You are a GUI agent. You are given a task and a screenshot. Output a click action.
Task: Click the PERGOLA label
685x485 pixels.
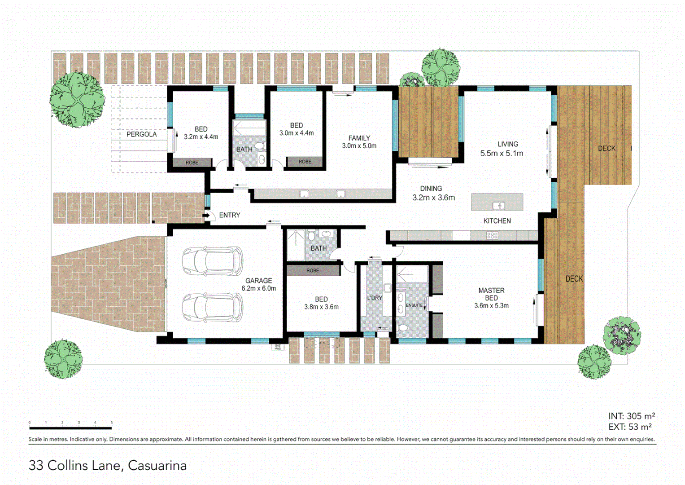141,134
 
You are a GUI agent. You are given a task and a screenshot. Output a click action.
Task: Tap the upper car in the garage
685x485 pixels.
212,260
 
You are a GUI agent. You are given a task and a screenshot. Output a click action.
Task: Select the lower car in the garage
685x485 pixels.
212,308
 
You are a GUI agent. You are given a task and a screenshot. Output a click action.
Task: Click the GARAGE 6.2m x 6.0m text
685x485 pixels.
258,285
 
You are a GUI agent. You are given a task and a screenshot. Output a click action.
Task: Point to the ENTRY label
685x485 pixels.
229,216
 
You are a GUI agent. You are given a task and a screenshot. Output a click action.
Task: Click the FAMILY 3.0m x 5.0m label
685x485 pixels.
359,142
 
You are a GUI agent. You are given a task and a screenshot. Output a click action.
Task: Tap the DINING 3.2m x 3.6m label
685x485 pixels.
433,193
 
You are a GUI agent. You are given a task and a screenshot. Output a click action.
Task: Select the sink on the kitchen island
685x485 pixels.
498,206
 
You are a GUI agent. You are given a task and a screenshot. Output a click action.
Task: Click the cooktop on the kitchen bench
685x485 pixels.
492,235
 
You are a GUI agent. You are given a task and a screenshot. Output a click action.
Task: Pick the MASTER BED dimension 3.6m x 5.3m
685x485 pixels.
491,306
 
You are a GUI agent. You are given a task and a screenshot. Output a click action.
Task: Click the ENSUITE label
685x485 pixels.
414,305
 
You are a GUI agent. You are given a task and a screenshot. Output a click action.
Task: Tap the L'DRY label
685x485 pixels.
375,298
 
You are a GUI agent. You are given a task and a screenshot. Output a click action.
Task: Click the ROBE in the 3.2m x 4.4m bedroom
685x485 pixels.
192,163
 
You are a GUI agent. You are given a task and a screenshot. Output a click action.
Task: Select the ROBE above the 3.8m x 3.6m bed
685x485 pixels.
313,270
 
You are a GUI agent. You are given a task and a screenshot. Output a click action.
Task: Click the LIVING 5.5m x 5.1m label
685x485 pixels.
502,149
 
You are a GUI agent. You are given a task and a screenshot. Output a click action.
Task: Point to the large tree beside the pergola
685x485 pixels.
77,100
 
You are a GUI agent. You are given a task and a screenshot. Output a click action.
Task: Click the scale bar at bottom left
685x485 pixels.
70,428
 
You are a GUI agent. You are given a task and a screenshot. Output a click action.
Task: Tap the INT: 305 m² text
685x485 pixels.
631,416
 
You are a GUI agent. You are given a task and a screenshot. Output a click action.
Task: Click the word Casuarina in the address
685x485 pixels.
157,466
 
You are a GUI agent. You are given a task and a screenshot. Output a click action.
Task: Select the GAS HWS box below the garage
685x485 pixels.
277,347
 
